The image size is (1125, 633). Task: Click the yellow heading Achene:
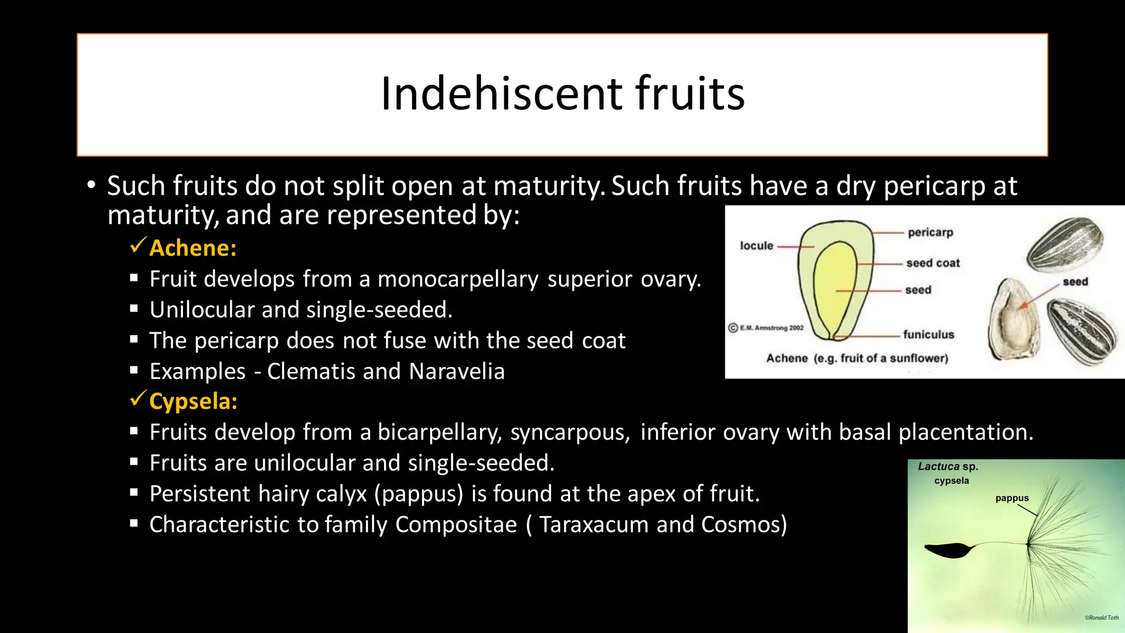point(193,248)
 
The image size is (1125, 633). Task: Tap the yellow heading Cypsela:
point(193,402)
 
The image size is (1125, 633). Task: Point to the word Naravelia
point(456,372)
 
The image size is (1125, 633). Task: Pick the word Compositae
point(456,525)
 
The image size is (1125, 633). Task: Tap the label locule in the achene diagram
point(756,246)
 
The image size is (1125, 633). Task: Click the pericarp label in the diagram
point(930,232)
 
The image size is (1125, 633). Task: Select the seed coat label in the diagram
point(933,263)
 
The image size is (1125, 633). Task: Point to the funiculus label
point(928,335)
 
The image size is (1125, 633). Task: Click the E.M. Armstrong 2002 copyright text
point(766,328)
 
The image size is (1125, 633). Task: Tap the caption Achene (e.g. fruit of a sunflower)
point(857,358)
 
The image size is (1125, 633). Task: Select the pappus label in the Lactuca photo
point(1012,498)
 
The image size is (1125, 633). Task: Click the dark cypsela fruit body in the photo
point(948,549)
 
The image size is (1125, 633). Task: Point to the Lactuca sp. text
point(948,467)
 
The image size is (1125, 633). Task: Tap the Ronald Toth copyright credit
point(1101,618)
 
